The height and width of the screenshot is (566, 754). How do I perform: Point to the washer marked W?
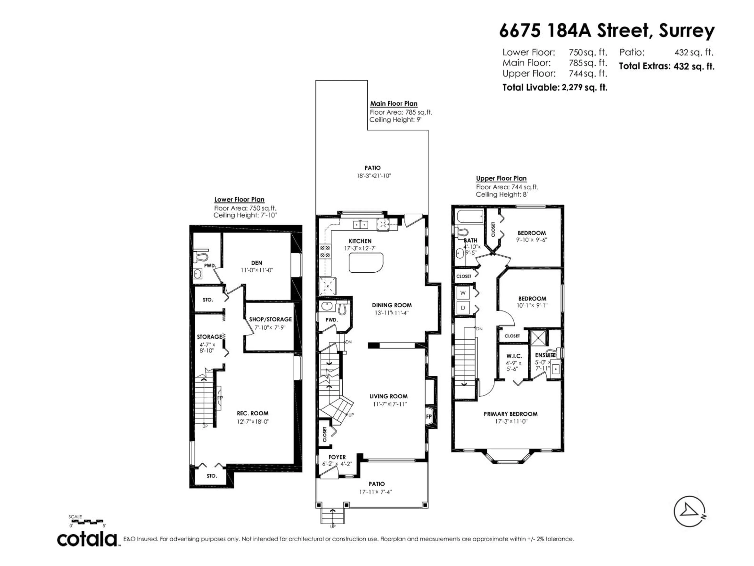pyautogui.click(x=463, y=293)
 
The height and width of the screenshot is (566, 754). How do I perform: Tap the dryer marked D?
pyautogui.click(x=463, y=308)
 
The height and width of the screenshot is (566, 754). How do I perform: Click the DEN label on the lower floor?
pyautogui.click(x=257, y=263)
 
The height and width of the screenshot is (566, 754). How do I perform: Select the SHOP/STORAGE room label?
pyautogui.click(x=270, y=319)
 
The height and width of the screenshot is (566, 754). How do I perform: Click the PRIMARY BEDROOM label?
pyautogui.click(x=511, y=414)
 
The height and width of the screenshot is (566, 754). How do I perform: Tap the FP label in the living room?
pyautogui.click(x=429, y=417)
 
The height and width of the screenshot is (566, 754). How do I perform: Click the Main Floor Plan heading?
pyautogui.click(x=394, y=103)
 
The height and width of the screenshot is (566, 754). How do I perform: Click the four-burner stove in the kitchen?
pyautogui.click(x=325, y=251)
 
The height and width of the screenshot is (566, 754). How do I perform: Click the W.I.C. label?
pyautogui.click(x=514, y=356)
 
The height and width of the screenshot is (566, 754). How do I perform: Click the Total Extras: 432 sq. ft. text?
pyautogui.click(x=666, y=66)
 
